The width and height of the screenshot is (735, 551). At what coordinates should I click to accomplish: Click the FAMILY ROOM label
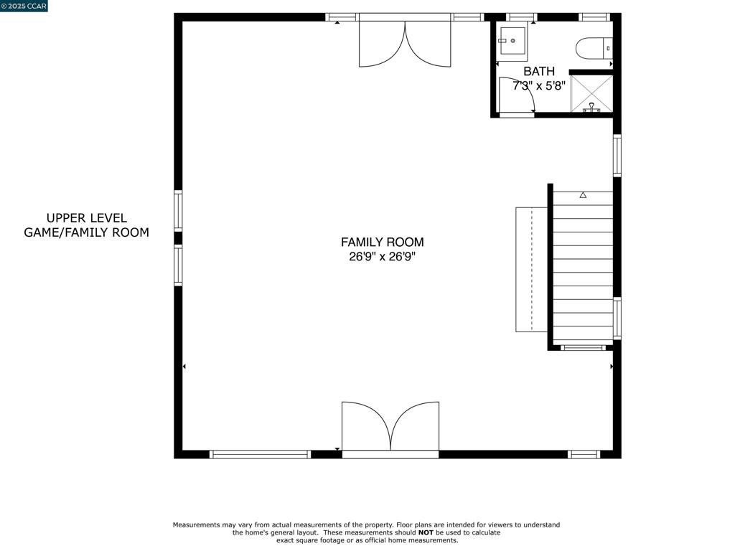pos(382,242)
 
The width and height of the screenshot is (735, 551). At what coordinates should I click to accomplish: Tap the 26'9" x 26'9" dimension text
pos(382,257)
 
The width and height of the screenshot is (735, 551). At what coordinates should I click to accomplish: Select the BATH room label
pos(538,72)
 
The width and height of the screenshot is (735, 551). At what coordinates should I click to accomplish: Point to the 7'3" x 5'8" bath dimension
pos(538,86)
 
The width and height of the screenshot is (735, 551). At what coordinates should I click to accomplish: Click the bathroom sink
pos(512,41)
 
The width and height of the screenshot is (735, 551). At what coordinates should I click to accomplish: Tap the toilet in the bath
pos(594,48)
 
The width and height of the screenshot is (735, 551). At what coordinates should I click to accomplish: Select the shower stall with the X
pos(591,93)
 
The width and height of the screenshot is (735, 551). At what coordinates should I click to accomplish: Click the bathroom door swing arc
pos(523,92)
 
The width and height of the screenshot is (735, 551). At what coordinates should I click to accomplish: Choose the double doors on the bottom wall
pos(390,427)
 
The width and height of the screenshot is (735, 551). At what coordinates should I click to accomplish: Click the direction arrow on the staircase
pos(583,195)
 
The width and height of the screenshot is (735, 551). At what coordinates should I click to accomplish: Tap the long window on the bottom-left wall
pos(260,454)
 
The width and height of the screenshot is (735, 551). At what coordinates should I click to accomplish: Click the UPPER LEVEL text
pos(87,218)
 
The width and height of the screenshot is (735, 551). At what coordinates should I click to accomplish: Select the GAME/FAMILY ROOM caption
pos(87,232)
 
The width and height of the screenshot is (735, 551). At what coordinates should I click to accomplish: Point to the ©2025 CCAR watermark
pos(24,6)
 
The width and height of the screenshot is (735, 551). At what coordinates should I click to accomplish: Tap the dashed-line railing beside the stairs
pos(531,270)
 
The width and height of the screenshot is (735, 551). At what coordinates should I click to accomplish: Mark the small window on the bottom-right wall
pos(584,454)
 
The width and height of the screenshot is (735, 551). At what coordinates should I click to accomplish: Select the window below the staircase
pos(582,348)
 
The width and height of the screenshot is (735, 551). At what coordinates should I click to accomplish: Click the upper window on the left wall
pos(178,210)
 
